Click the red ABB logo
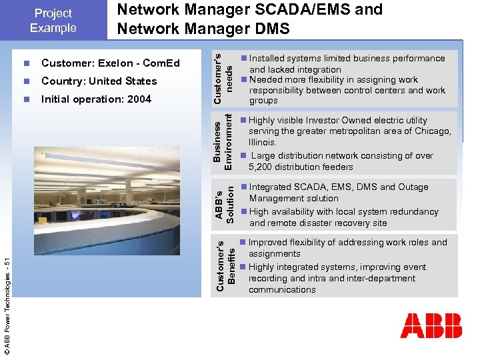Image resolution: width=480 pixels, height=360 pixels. pyautogui.click(x=431, y=325)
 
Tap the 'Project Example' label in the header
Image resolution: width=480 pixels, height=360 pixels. pyautogui.click(x=53, y=21)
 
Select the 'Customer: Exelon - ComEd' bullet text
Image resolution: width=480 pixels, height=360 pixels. pyautogui.click(x=110, y=63)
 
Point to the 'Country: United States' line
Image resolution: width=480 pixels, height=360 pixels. pyautogui.click(x=99, y=81)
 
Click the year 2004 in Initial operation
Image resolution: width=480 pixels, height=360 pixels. pyautogui.click(x=139, y=99)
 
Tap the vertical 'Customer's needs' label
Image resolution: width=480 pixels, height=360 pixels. pyautogui.click(x=223, y=77)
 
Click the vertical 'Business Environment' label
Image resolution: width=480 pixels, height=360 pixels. pyautogui.click(x=223, y=141)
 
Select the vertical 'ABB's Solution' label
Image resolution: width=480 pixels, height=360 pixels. pyautogui.click(x=223, y=203)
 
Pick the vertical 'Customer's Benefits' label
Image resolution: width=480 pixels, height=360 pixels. pyautogui.click(x=223, y=264)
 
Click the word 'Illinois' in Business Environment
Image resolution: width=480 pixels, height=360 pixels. pyautogui.click(x=262, y=143)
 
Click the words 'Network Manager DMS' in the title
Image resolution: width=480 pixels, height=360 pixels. pyautogui.click(x=203, y=29)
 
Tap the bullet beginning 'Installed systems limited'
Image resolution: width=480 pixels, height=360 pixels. pyautogui.click(x=347, y=59)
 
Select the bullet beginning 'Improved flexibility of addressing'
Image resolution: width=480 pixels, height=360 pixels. pyautogui.click(x=347, y=243)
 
